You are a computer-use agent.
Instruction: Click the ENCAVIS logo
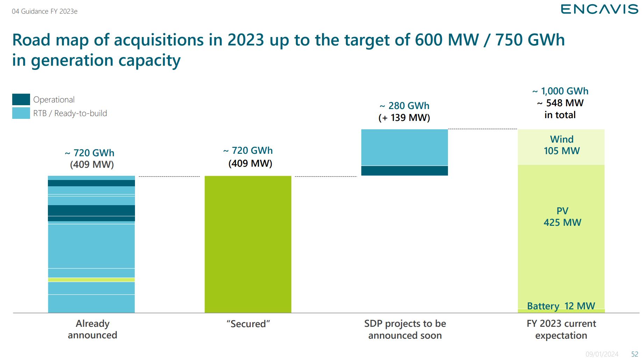599,9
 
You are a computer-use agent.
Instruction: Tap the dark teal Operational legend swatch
21,100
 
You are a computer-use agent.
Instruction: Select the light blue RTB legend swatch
21,113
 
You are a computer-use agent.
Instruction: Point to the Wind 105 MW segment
561,147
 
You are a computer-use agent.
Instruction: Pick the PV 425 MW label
562,217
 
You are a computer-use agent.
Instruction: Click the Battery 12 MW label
561,306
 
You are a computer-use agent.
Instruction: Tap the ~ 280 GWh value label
405,106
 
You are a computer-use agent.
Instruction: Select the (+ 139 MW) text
404,118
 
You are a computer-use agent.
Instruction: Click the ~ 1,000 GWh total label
561,91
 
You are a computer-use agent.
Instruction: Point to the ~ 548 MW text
561,103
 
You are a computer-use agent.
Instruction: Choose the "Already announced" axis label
92,329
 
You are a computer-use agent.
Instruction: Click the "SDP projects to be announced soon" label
405,330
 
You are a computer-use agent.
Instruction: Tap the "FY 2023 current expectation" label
561,330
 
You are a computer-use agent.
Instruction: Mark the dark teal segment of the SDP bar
405,171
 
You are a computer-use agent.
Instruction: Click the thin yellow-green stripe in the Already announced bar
91,280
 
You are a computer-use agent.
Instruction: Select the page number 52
635,354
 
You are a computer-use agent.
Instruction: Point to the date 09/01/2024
602,354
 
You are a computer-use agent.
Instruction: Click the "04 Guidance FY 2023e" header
45,12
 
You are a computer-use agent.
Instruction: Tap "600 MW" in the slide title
447,40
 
